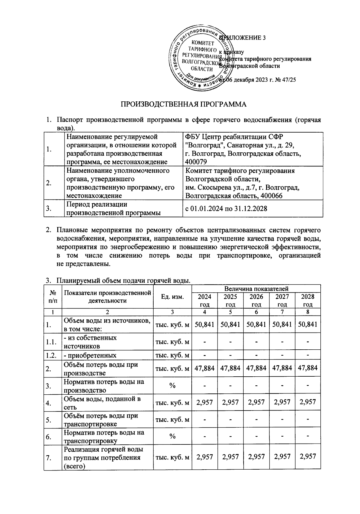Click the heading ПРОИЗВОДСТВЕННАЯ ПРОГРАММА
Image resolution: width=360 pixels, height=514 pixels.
click(x=183, y=104)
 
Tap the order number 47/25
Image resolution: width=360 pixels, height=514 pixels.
click(x=288, y=80)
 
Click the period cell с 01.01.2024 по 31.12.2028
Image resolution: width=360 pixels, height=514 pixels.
click(x=226, y=208)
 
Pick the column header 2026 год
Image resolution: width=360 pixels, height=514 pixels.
click(x=256, y=300)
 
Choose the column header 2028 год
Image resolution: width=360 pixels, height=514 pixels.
click(x=308, y=300)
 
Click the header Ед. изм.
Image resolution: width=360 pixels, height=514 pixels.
click(x=172, y=297)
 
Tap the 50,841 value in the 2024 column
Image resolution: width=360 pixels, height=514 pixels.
click(x=205, y=324)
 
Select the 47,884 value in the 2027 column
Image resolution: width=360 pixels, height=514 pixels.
click(x=282, y=368)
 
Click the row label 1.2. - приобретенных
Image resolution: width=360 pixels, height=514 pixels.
click(x=90, y=355)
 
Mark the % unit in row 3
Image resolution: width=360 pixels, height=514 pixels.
click(x=172, y=386)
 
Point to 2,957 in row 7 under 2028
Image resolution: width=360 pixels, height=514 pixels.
click(x=308, y=456)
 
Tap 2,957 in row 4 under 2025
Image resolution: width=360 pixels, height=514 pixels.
click(x=230, y=402)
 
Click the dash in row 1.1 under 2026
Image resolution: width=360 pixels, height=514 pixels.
click(x=256, y=342)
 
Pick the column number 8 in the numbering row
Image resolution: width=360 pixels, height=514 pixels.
click(x=308, y=312)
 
